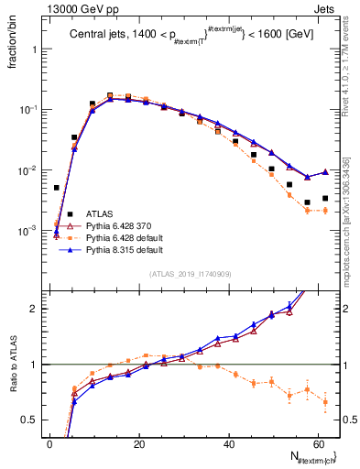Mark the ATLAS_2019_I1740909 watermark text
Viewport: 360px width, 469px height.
[x=191, y=274]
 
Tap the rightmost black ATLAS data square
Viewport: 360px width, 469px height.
[x=325, y=198]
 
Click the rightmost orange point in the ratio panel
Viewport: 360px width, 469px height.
[x=325, y=401]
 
